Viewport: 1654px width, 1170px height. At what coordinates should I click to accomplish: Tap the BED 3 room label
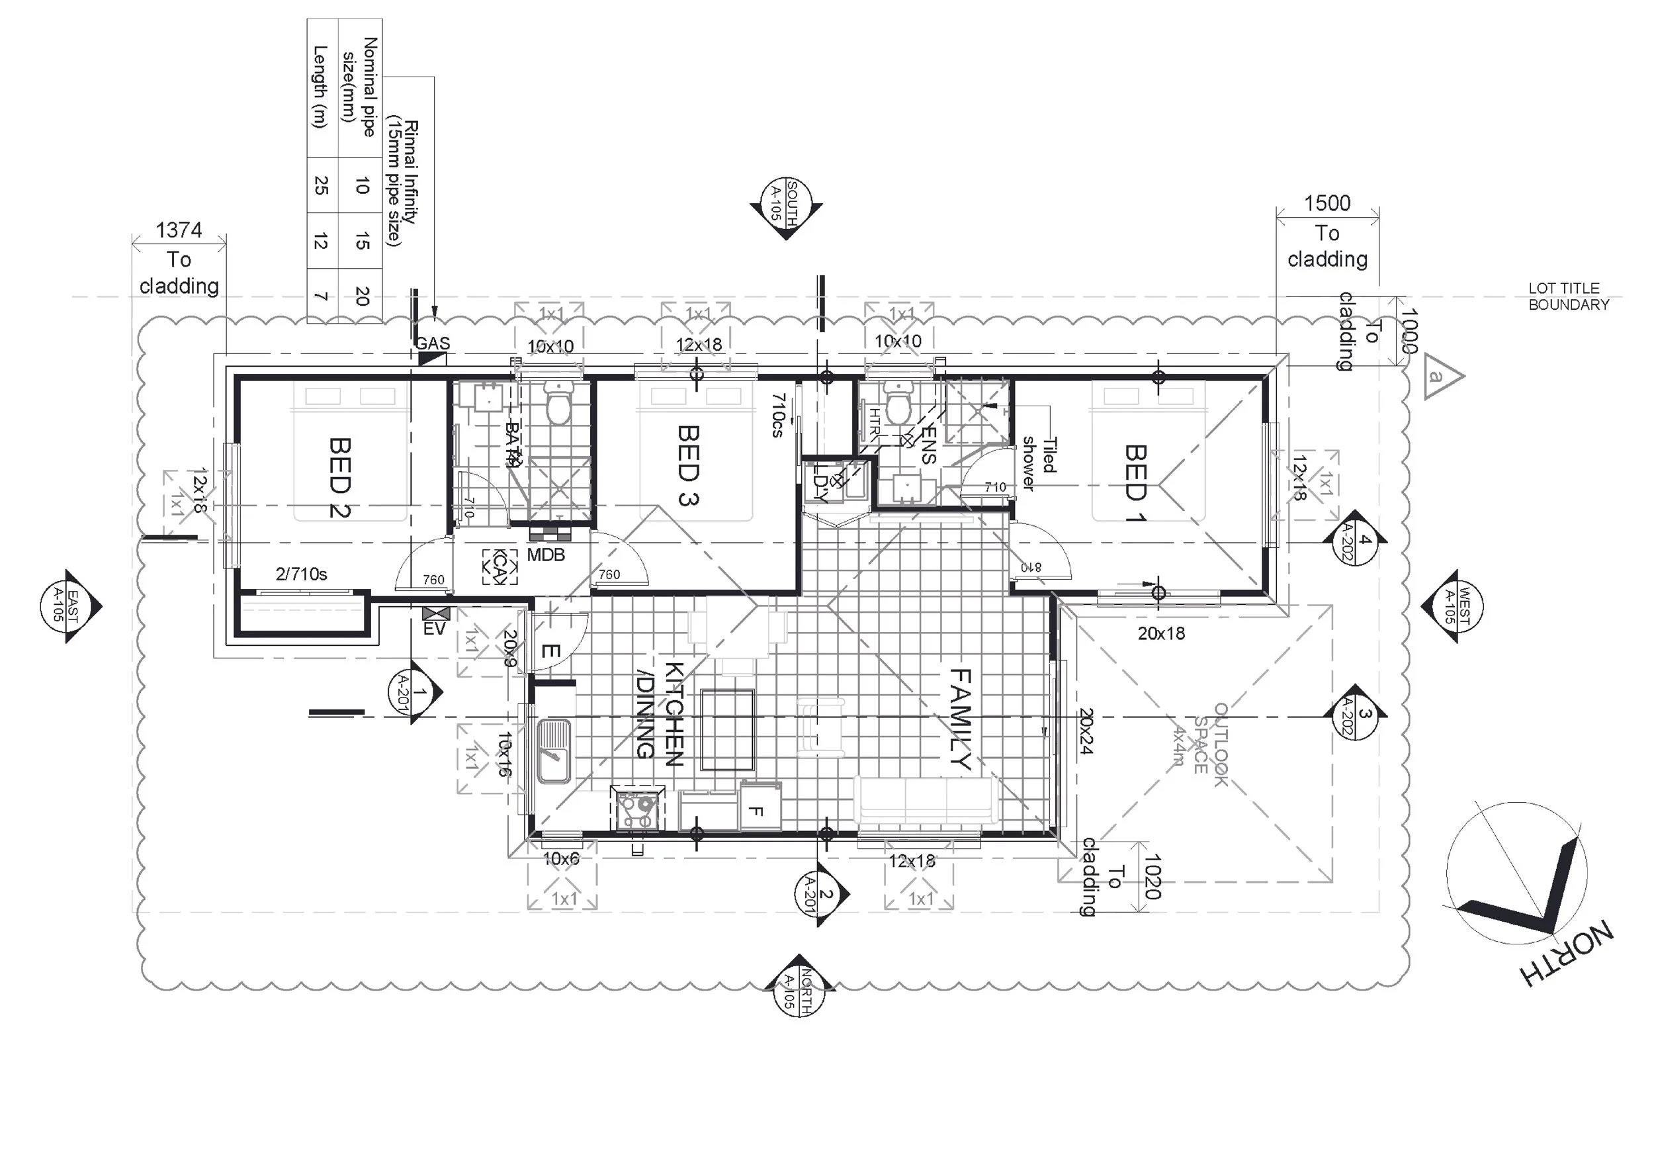click(688, 465)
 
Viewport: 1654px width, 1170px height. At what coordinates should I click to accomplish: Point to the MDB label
click(545, 555)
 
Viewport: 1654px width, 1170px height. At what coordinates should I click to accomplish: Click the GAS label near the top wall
click(432, 343)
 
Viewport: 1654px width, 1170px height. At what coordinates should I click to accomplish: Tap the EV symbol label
click(435, 629)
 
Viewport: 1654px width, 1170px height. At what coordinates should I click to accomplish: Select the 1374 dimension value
click(179, 230)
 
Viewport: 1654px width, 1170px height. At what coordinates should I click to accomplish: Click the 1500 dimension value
click(1327, 203)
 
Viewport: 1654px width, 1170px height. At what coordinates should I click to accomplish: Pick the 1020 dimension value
click(1151, 877)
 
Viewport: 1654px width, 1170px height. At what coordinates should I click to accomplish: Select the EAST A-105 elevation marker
click(67, 606)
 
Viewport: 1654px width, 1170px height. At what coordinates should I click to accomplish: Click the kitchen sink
click(553, 751)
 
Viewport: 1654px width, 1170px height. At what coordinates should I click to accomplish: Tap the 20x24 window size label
click(1086, 731)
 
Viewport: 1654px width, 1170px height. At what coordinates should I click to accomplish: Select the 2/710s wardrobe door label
click(301, 574)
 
